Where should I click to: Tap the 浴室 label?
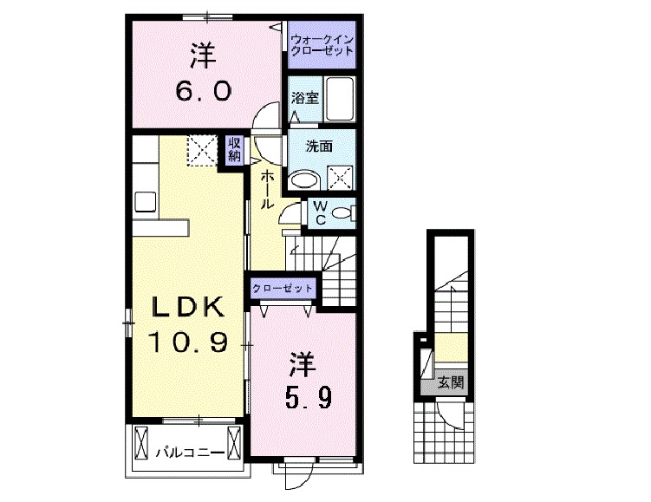tap(306, 98)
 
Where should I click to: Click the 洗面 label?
tap(319, 147)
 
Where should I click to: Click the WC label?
tap(319, 212)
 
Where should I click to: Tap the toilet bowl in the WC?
tap(343, 212)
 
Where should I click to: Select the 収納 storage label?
tap(234, 150)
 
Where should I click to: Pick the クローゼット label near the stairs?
tap(283, 288)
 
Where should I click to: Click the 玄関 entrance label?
tap(448, 381)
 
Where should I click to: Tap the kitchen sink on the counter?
tap(145, 200)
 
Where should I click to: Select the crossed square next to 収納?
tap(204, 148)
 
